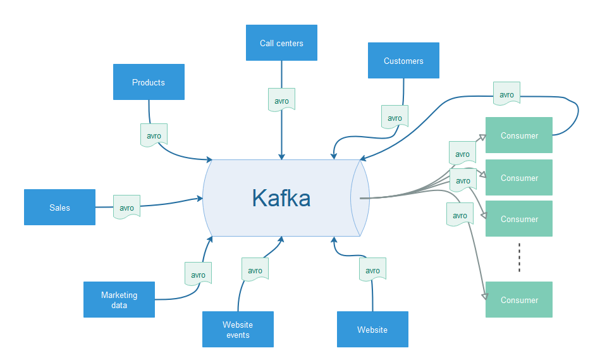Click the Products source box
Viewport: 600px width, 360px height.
tap(149, 82)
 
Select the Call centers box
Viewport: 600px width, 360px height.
tap(281, 43)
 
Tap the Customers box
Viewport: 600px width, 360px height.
tap(403, 61)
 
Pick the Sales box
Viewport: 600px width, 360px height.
tap(59, 207)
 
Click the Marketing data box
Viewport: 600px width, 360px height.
tap(119, 299)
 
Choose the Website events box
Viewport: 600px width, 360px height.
tap(238, 329)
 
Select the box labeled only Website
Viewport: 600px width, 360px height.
tap(372, 329)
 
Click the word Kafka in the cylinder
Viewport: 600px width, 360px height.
tap(281, 198)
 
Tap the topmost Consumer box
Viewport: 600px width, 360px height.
tap(518, 135)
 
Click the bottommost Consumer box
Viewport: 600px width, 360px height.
tap(518, 299)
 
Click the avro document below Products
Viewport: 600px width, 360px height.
tap(154, 135)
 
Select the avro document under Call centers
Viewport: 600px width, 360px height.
tap(281, 101)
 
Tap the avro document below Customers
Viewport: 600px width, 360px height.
tap(395, 118)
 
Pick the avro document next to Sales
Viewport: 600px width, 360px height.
tap(126, 208)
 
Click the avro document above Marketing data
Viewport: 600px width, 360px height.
tap(198, 275)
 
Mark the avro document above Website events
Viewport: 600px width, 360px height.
tap(255, 270)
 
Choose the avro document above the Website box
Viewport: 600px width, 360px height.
tap(372, 270)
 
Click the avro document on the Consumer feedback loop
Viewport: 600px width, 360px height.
tap(506, 94)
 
